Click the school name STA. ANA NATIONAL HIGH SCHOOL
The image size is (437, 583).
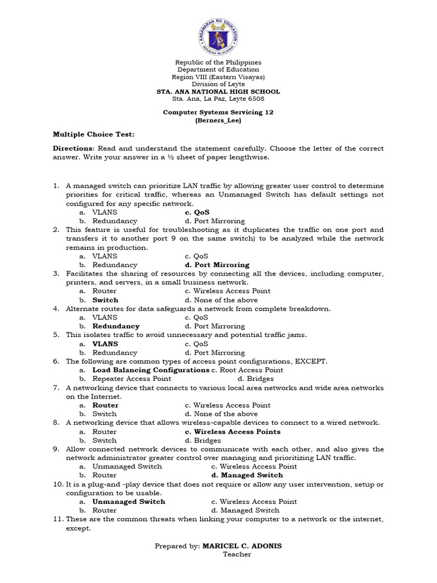[x=218, y=92]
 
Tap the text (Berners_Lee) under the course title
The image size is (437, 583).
[x=218, y=121]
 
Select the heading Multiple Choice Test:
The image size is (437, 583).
[x=94, y=134]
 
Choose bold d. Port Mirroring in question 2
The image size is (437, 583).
[x=217, y=265]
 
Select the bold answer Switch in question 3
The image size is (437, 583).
[x=105, y=300]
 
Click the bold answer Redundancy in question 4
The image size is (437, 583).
[x=116, y=326]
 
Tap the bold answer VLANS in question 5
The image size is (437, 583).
[x=105, y=344]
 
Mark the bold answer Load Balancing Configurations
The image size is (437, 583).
[x=151, y=370]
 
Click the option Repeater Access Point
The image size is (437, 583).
[x=131, y=379]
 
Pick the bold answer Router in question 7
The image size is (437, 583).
[x=105, y=405]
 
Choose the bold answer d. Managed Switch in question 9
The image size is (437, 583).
[x=247, y=475]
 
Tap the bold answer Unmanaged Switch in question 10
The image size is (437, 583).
[x=129, y=502]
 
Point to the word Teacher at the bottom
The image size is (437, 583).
[x=237, y=554]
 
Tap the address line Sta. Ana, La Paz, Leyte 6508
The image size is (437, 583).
[x=218, y=98]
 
